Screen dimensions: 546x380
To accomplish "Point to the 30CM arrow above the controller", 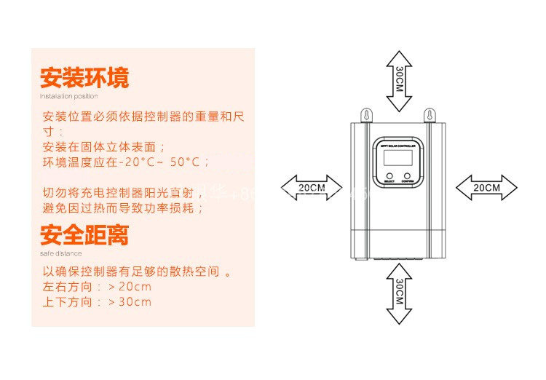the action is click(399, 81).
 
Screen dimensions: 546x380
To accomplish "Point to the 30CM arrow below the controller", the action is click(399, 293).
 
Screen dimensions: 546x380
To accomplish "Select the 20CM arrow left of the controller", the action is click(312, 187).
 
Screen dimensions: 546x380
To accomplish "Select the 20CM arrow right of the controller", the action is click(486, 187).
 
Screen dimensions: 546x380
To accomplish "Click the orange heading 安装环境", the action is click(84, 78).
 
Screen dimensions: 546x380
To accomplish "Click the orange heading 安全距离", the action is click(84, 235).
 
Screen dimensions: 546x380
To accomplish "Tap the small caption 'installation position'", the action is click(68, 96).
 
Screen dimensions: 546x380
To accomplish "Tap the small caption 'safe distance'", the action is click(60, 253).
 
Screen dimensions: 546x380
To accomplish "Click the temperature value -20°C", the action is click(142, 162).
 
